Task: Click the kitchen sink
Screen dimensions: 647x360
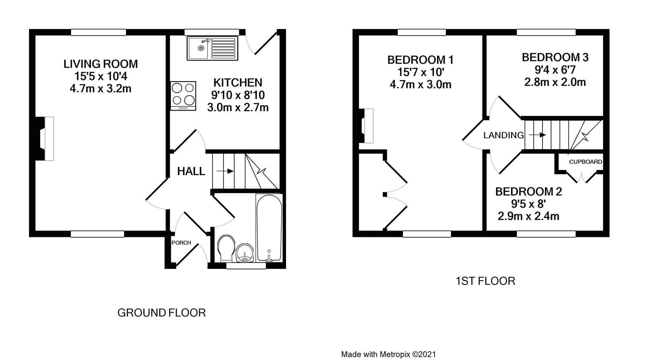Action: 213,49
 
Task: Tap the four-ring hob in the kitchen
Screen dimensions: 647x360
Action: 183,96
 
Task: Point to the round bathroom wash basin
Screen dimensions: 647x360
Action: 244,253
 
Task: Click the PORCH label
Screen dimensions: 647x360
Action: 181,243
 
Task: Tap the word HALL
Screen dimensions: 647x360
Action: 191,172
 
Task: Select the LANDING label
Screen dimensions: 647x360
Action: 503,135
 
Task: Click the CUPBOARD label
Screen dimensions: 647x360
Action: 585,162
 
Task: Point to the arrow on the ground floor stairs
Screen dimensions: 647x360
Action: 225,171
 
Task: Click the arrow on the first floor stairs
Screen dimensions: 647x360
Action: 537,135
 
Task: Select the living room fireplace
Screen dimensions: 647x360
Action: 45,138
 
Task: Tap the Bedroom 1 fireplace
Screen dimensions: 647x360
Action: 366,125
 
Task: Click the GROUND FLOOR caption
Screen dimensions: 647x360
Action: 161,313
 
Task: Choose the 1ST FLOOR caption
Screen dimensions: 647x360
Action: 485,281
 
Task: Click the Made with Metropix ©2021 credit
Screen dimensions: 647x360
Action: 389,354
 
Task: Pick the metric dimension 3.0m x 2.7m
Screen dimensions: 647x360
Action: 238,108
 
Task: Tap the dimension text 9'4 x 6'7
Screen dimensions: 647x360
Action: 555,70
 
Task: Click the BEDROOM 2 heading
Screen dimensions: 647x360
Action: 528,191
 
